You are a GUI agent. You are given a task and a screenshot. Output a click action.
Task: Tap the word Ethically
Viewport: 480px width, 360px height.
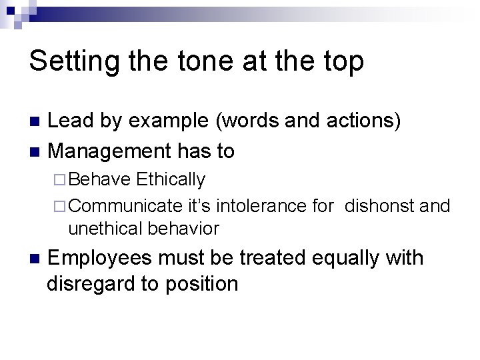(171, 180)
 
